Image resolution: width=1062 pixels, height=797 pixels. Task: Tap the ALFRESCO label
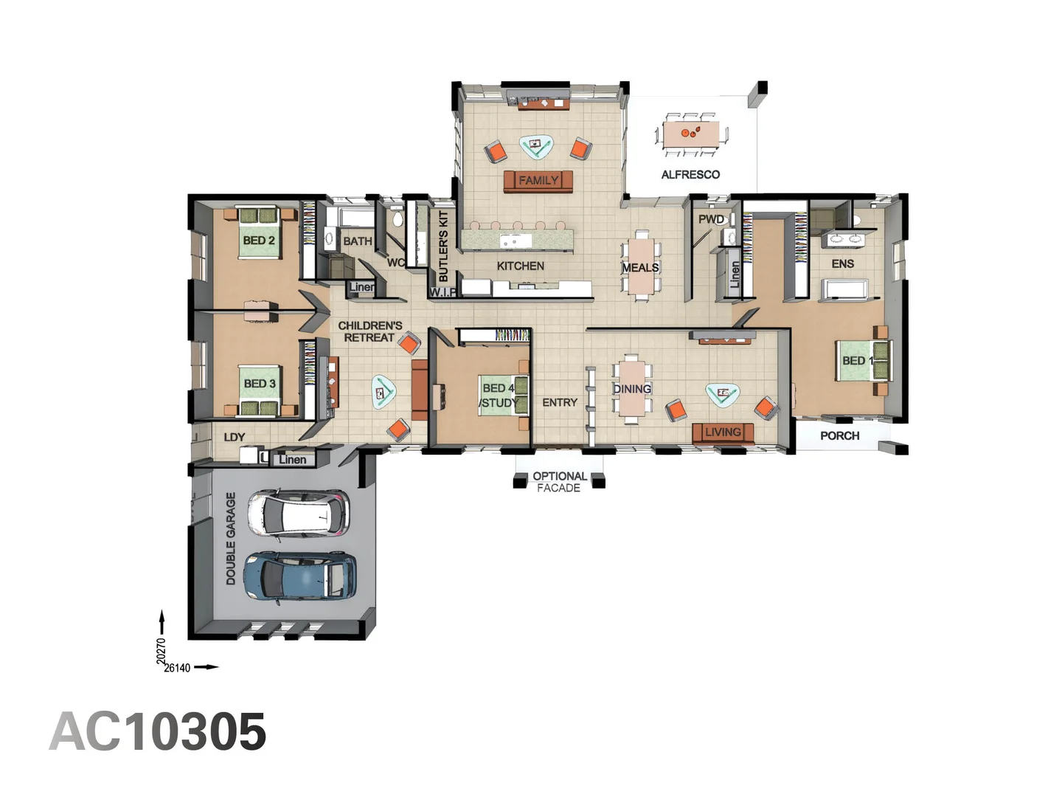coord(690,175)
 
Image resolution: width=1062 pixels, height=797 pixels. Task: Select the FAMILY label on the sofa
coord(538,180)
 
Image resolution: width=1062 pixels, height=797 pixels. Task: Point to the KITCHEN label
coord(520,266)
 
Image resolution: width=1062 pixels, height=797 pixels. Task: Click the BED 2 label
coord(259,241)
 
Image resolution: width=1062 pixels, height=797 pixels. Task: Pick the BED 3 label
coord(260,384)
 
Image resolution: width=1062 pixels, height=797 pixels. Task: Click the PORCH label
coord(839,436)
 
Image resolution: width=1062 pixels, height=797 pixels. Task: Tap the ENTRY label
coord(560,403)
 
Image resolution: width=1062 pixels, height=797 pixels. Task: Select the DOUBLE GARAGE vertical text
coord(231,539)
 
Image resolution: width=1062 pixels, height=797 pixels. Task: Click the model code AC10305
coord(158,732)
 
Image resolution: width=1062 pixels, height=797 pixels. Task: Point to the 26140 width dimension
coord(177,668)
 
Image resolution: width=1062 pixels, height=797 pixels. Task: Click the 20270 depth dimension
coord(162,651)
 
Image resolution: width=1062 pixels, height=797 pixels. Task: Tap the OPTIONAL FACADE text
coord(559,482)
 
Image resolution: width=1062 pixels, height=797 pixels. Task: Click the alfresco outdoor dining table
coord(691,134)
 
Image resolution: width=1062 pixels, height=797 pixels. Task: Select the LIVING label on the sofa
coord(722,432)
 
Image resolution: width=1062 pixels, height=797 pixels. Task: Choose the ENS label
coord(842,263)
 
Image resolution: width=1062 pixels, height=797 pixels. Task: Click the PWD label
coord(711,219)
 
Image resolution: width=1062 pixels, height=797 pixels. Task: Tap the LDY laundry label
coord(234,437)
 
